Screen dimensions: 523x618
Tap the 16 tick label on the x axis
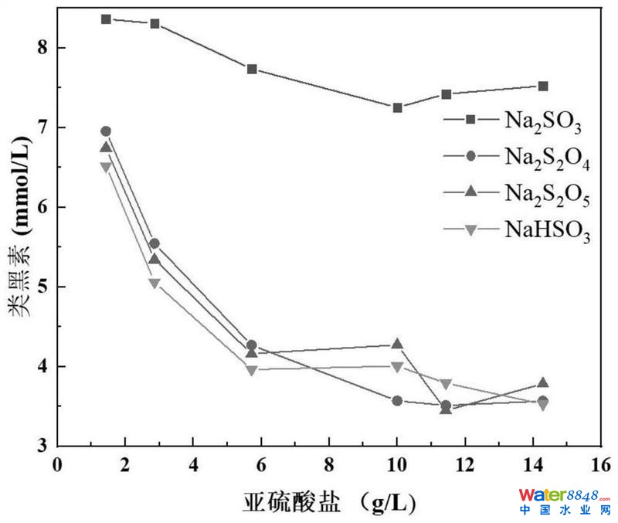(x=600, y=465)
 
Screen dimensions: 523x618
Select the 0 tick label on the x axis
(x=57, y=465)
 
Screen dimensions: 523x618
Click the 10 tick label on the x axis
(x=396, y=465)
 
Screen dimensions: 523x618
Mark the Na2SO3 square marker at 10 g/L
(x=397, y=107)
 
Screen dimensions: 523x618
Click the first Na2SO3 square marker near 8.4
(x=106, y=19)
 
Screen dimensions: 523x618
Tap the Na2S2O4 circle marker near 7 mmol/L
(x=106, y=131)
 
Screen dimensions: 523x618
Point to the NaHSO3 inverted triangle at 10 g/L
(x=397, y=367)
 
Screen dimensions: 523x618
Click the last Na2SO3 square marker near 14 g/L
(x=543, y=86)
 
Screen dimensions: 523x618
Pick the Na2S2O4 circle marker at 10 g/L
(x=397, y=400)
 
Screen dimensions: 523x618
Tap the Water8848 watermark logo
(x=565, y=500)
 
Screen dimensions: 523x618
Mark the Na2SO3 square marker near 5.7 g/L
(x=252, y=69)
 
